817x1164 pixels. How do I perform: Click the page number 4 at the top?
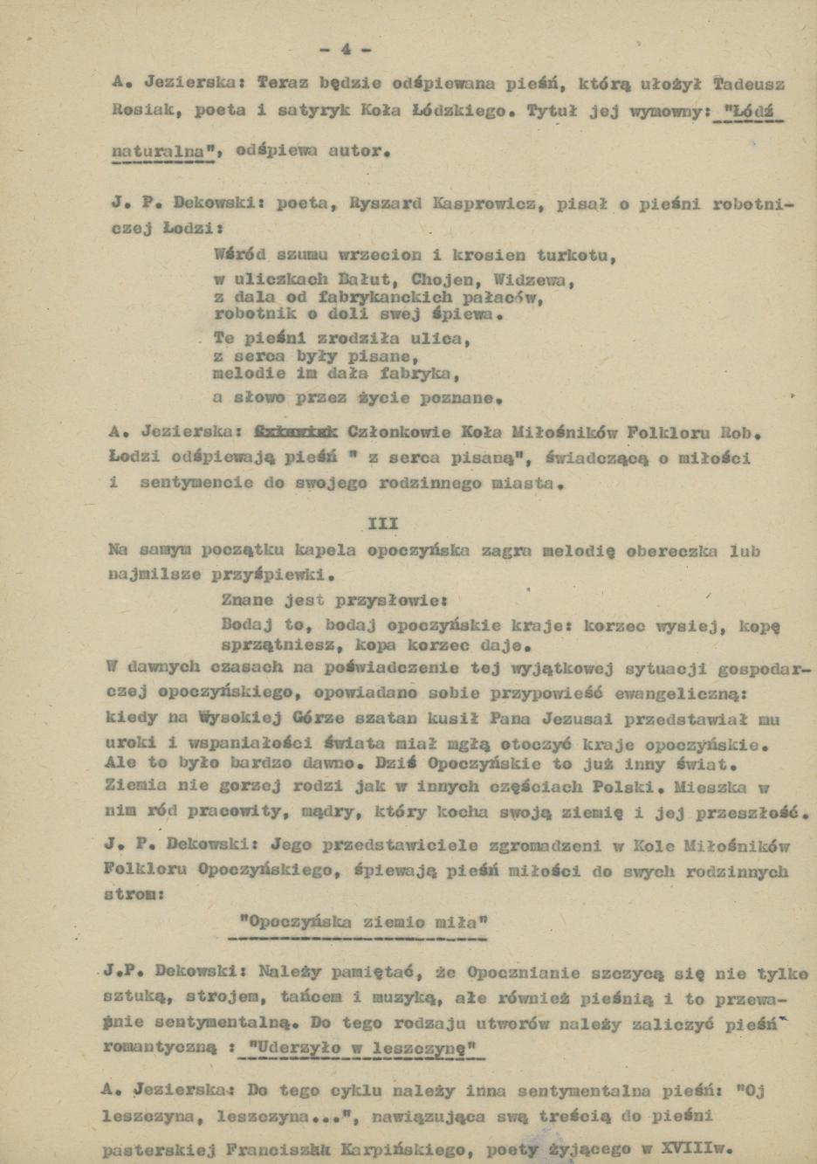point(346,49)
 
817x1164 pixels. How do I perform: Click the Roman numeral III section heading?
point(383,523)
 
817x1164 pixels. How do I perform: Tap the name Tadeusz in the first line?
point(748,85)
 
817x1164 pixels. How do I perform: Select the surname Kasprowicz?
point(482,203)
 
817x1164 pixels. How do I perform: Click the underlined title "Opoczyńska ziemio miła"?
point(363,922)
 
